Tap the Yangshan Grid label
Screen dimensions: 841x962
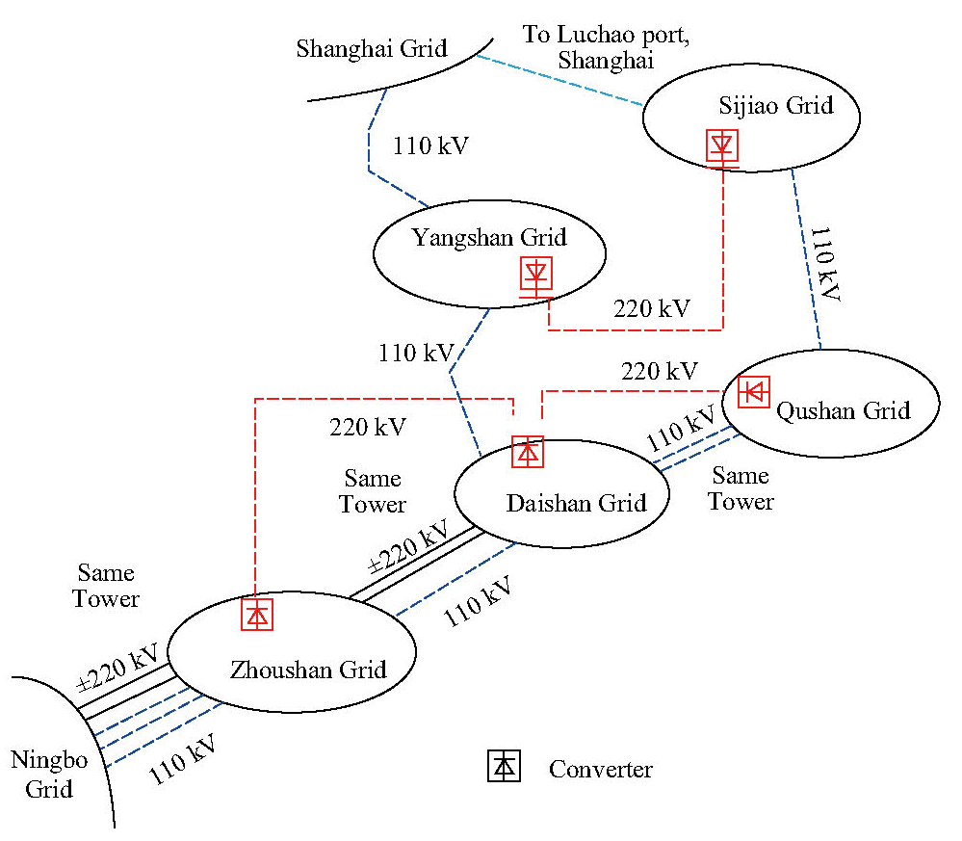489,237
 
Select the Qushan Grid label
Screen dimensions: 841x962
844,410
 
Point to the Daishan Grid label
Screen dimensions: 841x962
576,502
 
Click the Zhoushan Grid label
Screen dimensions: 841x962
308,669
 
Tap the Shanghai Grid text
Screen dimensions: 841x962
372,48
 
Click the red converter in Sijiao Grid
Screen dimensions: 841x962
722,145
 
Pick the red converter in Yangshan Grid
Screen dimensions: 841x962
535,275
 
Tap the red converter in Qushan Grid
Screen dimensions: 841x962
754,391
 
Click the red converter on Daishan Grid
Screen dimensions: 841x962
527,452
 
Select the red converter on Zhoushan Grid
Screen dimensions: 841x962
257,614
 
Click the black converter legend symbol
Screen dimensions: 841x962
504,766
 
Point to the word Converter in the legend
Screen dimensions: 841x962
600,770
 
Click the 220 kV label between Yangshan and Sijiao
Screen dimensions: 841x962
652,308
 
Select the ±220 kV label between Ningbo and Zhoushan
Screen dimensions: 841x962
118,668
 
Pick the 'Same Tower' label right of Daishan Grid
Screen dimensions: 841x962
741,488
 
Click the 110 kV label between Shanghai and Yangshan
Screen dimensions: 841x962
430,146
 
